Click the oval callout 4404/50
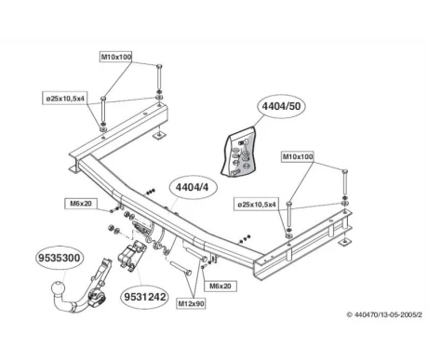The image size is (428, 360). tap(281, 106)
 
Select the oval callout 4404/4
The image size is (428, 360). tap(193, 187)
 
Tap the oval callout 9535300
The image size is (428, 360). tap(60, 258)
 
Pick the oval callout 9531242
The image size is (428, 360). tap(145, 297)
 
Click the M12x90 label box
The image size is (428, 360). tap(192, 303)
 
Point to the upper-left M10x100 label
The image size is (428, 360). tap(116, 57)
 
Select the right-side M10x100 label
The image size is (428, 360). tap(298, 156)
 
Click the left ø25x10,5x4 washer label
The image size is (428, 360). tap(65, 99)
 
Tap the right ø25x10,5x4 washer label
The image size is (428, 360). tap(257, 205)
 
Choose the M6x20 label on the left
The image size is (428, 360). tap(81, 204)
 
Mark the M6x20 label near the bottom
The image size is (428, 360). tap(221, 286)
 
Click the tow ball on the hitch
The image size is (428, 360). tap(58, 289)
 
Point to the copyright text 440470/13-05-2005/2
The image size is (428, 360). tap(384, 314)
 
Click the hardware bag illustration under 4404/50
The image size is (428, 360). tap(239, 153)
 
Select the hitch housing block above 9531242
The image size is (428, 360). tap(132, 254)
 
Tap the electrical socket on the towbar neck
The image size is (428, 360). tap(97, 298)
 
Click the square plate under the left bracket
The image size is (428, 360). tap(159, 136)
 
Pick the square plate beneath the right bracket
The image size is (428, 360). tap(345, 242)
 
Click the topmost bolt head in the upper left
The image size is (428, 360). tap(159, 66)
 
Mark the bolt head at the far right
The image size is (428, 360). tap(344, 172)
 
